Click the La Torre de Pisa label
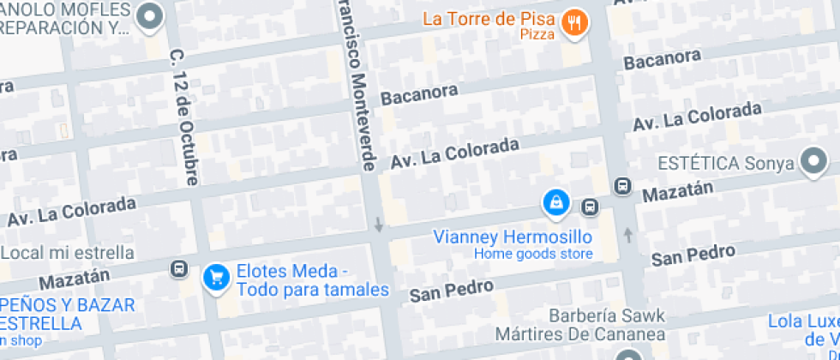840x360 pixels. tap(489, 18)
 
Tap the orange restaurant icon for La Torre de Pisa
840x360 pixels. tap(574, 24)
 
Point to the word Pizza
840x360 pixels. tap(537, 35)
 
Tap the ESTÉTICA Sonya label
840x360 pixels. tap(725, 163)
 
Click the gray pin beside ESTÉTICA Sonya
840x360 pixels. tap(813, 160)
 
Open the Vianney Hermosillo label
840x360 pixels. tap(513, 237)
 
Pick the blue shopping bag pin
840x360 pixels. tap(556, 202)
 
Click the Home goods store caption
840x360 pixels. tap(533, 254)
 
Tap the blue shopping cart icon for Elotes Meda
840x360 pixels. tap(215, 276)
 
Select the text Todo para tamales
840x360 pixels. tap(313, 290)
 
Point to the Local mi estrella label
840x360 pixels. tap(67, 253)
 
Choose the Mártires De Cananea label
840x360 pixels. tap(579, 333)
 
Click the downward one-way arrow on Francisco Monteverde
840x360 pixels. tap(378, 225)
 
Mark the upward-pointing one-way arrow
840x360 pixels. tap(628, 234)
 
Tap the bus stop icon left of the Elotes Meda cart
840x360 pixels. tap(179, 269)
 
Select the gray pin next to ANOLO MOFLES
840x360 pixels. tap(151, 15)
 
